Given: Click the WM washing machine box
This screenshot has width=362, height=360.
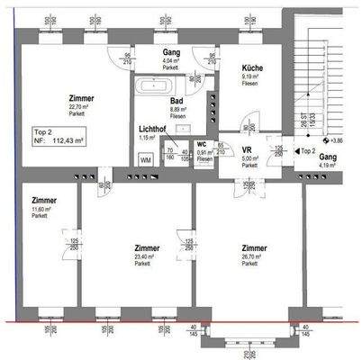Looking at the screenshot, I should click(146, 159).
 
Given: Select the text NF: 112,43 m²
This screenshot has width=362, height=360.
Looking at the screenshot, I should click(59, 140).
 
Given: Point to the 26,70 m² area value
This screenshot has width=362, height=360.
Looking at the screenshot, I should click(250, 256).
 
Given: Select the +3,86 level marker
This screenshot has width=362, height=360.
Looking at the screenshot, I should click(337, 140).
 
